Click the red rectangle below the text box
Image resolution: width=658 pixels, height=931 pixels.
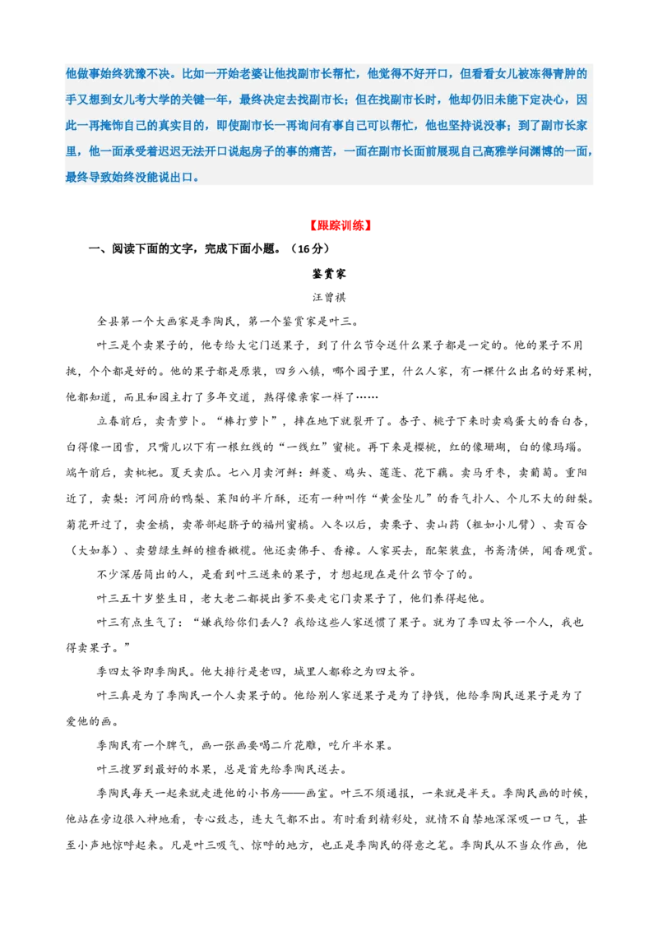tap(341, 226)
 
